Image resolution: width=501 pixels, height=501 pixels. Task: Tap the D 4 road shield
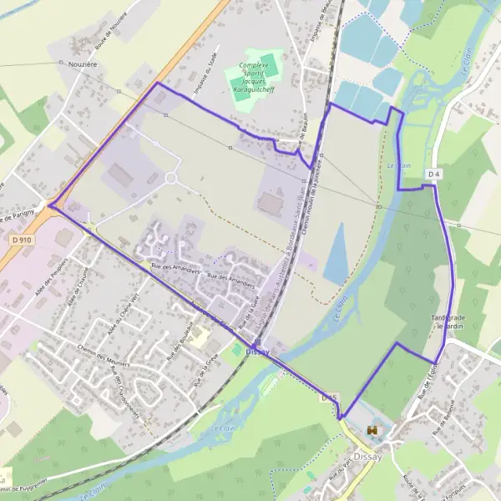433,174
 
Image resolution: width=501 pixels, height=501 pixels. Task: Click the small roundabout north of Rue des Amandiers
171,178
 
